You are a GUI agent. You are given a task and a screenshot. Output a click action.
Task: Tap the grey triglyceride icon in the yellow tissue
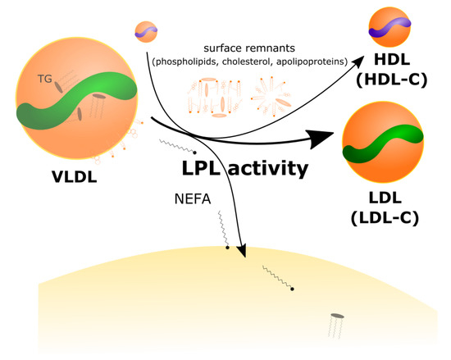(336, 317)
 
